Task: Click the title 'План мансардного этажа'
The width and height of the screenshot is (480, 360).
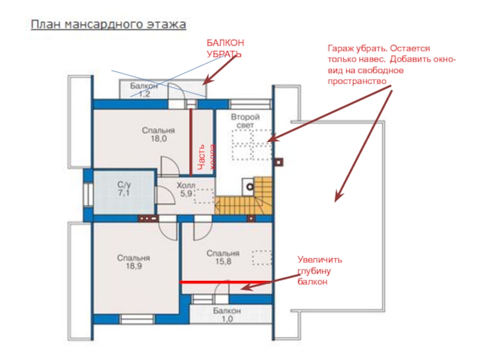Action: [109, 25]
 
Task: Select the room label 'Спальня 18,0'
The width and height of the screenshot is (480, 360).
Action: [158, 134]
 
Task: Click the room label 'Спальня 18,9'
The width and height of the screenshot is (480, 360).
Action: [133, 262]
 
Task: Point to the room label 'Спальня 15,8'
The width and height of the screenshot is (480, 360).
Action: [223, 257]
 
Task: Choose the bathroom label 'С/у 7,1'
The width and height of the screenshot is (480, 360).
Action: [124, 190]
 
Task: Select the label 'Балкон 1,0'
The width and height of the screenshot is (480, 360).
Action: [226, 315]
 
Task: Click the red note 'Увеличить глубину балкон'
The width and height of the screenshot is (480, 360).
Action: [319, 270]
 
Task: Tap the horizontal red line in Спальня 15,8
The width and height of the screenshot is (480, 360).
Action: [227, 281]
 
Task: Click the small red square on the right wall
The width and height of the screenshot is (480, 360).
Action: [278, 162]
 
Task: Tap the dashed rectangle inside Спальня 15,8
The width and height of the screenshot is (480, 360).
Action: [262, 257]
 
